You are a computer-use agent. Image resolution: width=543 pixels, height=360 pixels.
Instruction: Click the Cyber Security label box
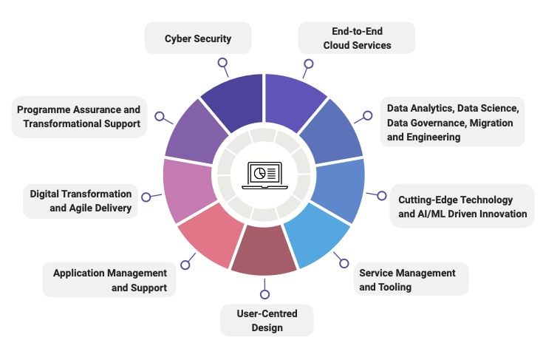198,38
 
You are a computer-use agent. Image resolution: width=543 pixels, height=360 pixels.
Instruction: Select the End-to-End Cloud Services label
356,38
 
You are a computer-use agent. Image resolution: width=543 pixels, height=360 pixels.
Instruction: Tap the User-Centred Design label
267,321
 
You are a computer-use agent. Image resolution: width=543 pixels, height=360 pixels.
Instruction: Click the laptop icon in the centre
264,175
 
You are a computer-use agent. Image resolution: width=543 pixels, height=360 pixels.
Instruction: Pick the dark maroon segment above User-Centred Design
264,250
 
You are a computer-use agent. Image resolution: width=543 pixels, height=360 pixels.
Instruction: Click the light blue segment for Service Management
317,234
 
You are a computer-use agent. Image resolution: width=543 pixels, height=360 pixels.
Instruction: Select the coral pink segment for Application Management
211,234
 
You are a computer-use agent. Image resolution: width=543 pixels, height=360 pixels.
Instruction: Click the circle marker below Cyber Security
222,63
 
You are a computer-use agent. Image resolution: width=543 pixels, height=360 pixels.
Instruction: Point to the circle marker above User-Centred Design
264,294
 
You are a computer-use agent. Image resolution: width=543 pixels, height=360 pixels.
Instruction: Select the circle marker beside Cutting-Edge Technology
382,196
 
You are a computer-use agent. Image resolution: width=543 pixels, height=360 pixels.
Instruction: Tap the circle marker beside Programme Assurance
160,116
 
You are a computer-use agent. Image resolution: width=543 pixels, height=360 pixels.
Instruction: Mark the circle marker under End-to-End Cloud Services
309,64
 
